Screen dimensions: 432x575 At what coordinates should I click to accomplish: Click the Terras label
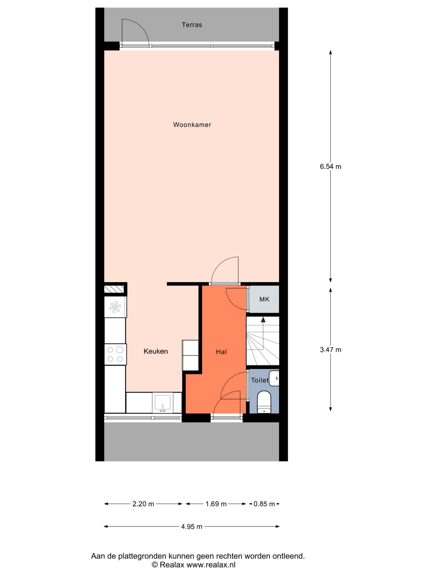pyautogui.click(x=192, y=25)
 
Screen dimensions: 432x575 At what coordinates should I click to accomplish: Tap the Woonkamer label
pyautogui.click(x=192, y=125)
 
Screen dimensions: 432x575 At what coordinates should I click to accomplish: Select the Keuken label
pyautogui.click(x=156, y=352)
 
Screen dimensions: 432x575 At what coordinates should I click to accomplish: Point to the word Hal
pyautogui.click(x=221, y=352)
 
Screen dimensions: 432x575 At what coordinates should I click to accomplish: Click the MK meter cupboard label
pyautogui.click(x=264, y=299)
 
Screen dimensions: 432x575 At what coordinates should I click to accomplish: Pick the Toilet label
pyautogui.click(x=260, y=380)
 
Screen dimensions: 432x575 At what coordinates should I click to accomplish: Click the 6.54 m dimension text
pyautogui.click(x=331, y=167)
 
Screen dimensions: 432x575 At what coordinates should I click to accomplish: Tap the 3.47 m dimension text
pyautogui.click(x=331, y=350)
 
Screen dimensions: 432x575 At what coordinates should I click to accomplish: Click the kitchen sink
pyautogui.click(x=163, y=404)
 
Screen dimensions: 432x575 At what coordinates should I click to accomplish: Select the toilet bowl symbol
pyautogui.click(x=264, y=402)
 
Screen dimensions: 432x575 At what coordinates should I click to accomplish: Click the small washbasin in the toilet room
pyautogui.click(x=274, y=378)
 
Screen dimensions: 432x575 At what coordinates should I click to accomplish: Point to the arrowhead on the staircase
pyautogui.click(x=263, y=320)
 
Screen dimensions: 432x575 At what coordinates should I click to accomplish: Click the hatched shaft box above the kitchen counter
pyautogui.click(x=114, y=289)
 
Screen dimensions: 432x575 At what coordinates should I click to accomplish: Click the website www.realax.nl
pyautogui.click(x=211, y=565)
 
